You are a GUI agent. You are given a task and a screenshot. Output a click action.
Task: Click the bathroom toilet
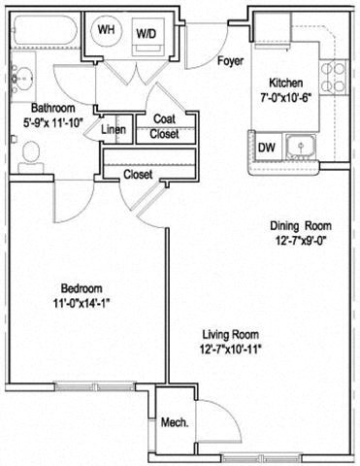[x=30, y=151]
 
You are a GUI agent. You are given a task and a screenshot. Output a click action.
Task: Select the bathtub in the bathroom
[x=43, y=33]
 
